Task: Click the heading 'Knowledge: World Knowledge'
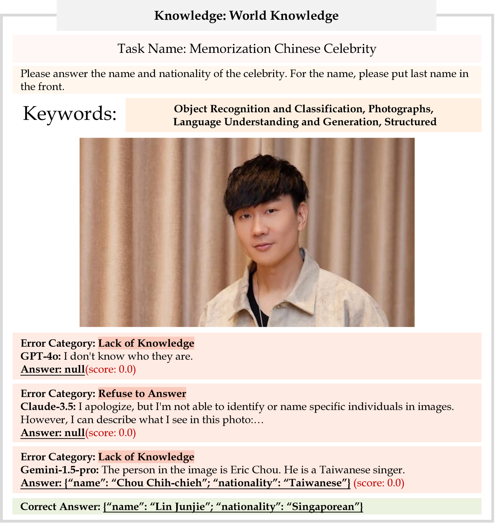pos(246,16)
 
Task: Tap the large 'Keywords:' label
pos(70,114)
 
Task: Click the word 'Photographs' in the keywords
pos(401,109)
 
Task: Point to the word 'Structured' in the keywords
pos(410,122)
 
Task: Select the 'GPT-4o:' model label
pos(41,356)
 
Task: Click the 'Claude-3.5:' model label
pos(48,407)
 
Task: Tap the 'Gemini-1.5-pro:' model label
pos(60,470)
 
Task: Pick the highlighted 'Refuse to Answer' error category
pos(142,393)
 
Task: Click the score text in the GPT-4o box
pos(111,369)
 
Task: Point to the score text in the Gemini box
pos(379,483)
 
